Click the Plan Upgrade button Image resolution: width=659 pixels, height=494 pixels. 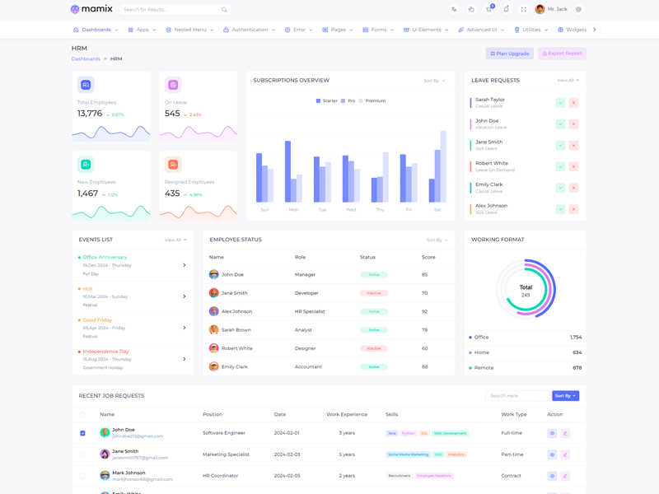(x=510, y=54)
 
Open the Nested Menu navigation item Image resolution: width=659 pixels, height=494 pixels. (x=189, y=30)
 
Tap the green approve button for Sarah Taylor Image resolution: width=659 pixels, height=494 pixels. (x=560, y=103)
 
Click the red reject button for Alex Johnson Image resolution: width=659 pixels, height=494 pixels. (x=573, y=209)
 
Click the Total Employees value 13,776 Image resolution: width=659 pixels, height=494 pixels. (x=90, y=114)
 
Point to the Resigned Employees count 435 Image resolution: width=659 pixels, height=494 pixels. (x=172, y=193)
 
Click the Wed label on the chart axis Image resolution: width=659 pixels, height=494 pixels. (x=351, y=210)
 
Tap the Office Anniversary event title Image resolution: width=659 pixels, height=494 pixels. (x=105, y=258)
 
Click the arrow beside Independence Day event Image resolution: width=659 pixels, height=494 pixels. (x=185, y=359)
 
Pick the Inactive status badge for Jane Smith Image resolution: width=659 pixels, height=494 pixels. (x=374, y=293)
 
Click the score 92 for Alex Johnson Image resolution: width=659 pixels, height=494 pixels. (x=425, y=311)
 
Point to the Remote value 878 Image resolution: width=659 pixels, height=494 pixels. (x=577, y=368)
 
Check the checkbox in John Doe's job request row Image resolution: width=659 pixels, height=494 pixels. (x=82, y=433)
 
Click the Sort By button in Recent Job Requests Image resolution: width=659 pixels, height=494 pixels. (x=565, y=396)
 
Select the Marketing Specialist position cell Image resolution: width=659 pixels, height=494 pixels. (x=226, y=454)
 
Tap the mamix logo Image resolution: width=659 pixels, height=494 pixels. (x=91, y=9)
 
